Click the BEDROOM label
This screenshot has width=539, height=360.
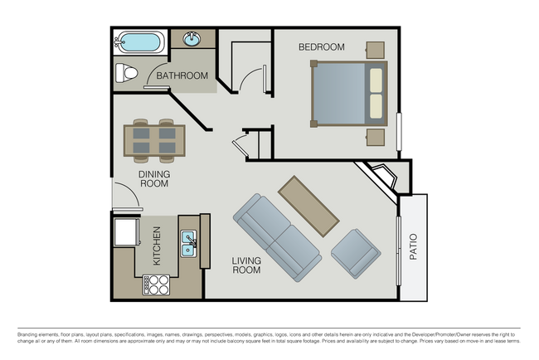coord(321,47)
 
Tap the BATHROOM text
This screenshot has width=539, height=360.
coord(182,76)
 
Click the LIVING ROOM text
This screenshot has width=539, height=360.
coord(246,265)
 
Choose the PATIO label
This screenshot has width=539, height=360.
coord(413,246)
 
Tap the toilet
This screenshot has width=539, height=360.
coord(126,74)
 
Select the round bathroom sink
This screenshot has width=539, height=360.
coord(192,40)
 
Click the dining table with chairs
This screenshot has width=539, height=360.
coord(155,140)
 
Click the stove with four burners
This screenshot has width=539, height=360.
coord(157,285)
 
